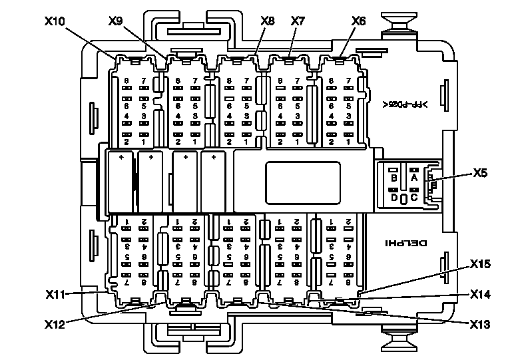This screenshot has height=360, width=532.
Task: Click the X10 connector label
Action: [55, 21]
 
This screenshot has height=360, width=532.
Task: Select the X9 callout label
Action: [115, 21]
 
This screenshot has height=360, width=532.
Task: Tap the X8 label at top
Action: [268, 21]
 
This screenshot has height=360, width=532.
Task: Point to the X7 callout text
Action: [298, 21]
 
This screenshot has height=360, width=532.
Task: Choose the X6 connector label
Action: [358, 21]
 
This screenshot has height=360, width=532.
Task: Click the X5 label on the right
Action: [481, 174]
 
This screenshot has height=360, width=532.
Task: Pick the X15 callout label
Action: [480, 264]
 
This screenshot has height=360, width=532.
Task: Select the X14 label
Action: [480, 293]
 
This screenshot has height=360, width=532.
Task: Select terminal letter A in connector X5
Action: [414, 178]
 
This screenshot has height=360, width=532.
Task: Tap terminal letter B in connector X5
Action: [394, 178]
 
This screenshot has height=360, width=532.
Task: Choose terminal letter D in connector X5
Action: [394, 197]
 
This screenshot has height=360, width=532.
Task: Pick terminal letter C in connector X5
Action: [414, 197]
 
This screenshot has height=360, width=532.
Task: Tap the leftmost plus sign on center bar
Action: [121, 158]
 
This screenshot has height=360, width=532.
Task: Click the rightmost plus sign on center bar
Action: [214, 158]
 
